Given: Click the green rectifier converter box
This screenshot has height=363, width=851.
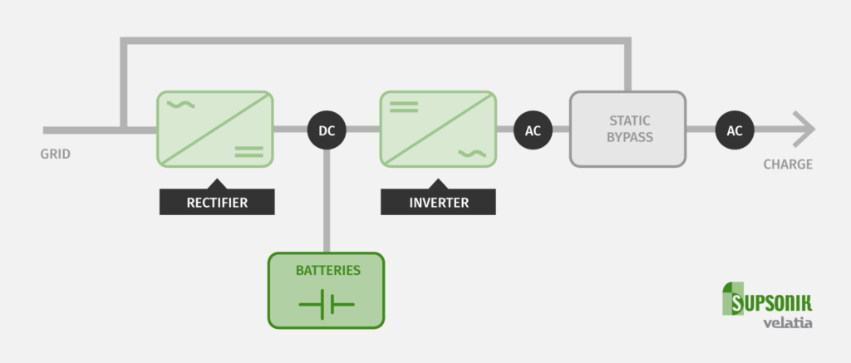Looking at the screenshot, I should tap(214, 128).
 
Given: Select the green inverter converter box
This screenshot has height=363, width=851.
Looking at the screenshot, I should tap(437, 128).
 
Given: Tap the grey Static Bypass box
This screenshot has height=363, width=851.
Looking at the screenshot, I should tap(627, 128).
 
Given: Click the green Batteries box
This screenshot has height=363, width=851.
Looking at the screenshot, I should tap(326, 289).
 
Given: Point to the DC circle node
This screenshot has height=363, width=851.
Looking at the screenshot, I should tap(327, 130).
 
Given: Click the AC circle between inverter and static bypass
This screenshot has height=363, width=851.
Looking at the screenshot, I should tap(533, 130).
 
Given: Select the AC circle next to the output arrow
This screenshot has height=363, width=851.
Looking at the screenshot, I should tap(735, 130).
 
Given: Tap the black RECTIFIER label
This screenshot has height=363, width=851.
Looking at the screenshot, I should tap(215, 202).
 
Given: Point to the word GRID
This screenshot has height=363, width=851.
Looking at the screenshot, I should tap(56, 154).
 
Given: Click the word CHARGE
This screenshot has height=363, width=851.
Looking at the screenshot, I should tap(787, 164).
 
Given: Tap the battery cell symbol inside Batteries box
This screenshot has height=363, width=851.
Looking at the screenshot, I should tap(326, 305).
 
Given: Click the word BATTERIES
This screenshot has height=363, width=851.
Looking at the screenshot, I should tap(326, 271).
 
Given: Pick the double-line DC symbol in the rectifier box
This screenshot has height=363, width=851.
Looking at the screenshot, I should tap(248, 151).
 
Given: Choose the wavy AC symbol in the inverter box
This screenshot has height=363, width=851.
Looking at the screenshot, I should tap(471, 152).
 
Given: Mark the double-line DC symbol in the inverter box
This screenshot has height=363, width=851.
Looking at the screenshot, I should tap(404, 105).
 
